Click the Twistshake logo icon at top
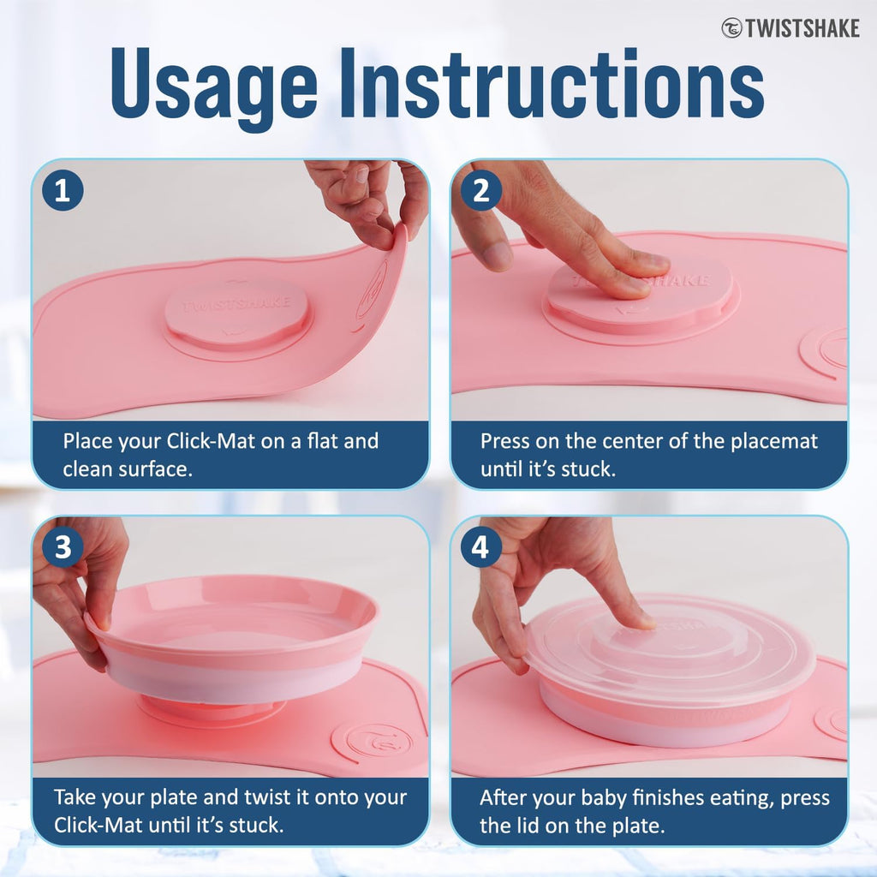click(731, 28)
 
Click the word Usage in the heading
click(214, 85)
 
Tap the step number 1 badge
click(63, 190)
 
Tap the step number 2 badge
click(481, 190)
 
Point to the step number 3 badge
click(63, 546)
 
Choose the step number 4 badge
click(481, 546)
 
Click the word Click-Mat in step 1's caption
click(212, 441)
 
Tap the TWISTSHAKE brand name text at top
click(802, 28)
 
